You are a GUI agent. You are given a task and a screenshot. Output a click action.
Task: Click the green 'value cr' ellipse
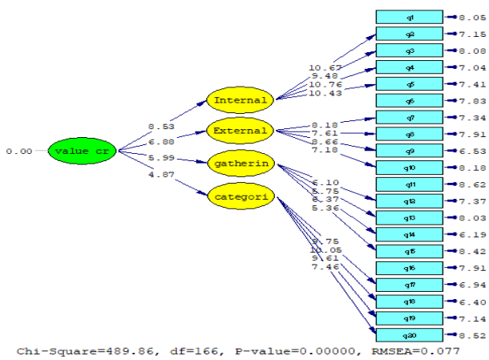(x=79, y=151)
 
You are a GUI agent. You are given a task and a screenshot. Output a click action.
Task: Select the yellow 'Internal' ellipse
(x=240, y=100)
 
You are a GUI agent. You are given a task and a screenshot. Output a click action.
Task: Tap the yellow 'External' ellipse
(x=240, y=130)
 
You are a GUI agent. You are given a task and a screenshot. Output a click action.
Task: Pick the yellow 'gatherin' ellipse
(x=240, y=164)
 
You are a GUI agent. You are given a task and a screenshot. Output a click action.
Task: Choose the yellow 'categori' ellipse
(x=240, y=195)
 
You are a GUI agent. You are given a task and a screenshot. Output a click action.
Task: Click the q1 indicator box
(x=409, y=17)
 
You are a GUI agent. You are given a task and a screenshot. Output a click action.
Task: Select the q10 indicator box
(x=409, y=168)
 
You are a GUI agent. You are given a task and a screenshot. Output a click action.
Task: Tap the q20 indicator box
(x=409, y=334)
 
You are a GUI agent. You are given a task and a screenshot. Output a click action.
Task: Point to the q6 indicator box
(x=409, y=100)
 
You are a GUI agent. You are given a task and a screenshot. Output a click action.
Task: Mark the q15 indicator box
(x=409, y=251)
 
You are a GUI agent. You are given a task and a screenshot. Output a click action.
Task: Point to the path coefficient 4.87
(x=160, y=174)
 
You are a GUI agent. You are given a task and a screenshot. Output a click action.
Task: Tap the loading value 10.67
(x=325, y=67)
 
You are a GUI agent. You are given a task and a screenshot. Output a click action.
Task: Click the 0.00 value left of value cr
(x=18, y=151)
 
